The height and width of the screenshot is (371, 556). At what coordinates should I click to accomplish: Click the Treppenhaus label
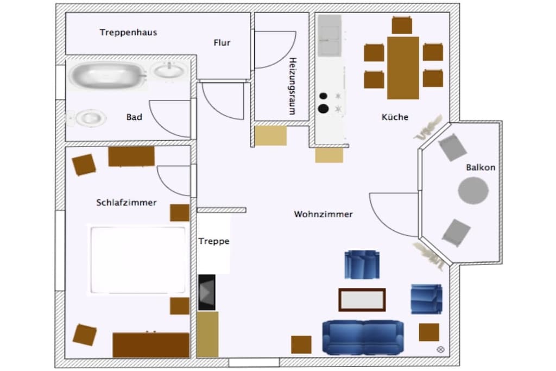(x=128, y=33)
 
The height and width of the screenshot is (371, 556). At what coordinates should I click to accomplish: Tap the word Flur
(x=222, y=42)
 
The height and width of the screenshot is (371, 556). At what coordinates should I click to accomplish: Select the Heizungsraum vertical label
(x=292, y=86)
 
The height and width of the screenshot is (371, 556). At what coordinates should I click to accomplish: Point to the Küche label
(x=395, y=117)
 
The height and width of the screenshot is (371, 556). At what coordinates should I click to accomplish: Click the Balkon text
(x=481, y=167)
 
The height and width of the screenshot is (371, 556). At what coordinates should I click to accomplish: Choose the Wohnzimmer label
(x=324, y=214)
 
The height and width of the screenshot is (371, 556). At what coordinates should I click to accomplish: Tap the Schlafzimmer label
(x=126, y=203)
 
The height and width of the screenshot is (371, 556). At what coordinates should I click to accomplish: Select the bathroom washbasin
(x=169, y=70)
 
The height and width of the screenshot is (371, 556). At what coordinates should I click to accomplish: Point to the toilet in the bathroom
(x=87, y=118)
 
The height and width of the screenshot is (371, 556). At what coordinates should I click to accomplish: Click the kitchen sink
(x=330, y=36)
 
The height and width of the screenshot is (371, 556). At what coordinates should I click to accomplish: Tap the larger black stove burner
(x=323, y=109)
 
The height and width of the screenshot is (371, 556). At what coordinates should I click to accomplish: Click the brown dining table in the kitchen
(x=403, y=68)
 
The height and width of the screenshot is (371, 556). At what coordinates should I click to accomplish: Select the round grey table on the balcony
(x=473, y=191)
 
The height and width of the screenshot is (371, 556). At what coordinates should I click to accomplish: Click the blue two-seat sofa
(x=363, y=337)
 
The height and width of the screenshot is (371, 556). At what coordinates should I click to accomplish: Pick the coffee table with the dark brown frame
(x=362, y=300)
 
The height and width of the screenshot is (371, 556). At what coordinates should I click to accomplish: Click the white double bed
(x=138, y=260)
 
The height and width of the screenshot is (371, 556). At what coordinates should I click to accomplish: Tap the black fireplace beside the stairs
(x=207, y=292)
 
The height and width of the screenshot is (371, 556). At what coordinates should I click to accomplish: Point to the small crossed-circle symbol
(x=440, y=349)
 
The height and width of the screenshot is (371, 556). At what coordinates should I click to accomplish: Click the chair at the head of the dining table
(x=402, y=25)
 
